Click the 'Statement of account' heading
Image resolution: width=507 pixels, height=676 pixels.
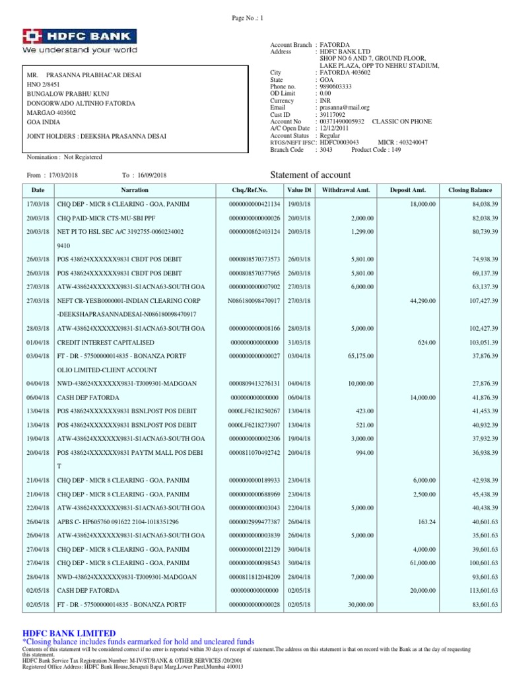coord(311,175)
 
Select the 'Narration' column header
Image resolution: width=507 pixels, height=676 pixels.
coord(135,190)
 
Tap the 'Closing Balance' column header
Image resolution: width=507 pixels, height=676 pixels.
coord(469,190)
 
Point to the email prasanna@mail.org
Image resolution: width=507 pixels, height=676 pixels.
coord(344,107)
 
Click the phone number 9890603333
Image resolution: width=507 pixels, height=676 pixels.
coord(337,86)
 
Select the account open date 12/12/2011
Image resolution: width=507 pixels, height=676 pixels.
coord(335,127)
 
